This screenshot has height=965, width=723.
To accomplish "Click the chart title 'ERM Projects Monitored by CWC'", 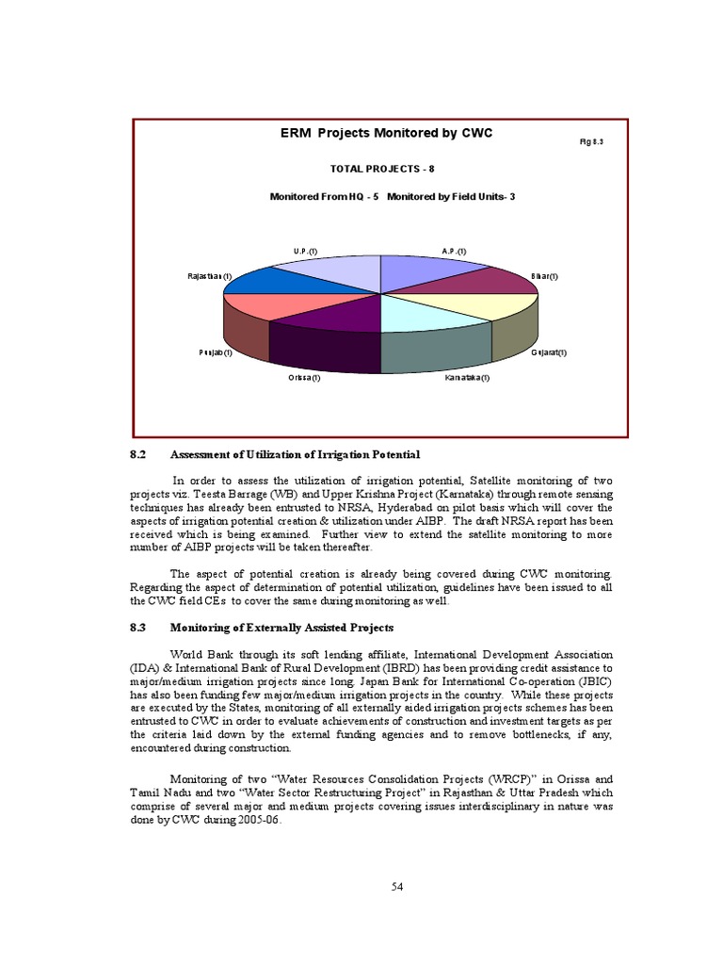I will point(386,134).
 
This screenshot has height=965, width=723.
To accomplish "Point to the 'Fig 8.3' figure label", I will point(590,141).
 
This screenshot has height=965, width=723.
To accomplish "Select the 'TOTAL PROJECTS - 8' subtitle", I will point(381,169).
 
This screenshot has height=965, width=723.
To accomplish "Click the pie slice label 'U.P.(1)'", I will point(305,251).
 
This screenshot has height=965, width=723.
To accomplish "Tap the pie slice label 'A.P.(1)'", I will point(454,251).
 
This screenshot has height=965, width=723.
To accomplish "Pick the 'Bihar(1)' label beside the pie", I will point(544,276).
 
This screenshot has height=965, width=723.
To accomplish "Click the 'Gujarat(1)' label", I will point(549,352).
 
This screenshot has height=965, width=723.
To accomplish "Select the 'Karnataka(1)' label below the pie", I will point(468,378).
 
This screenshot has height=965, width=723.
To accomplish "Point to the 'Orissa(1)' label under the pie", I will point(304,378).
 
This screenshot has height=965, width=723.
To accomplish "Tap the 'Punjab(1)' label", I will point(215,352).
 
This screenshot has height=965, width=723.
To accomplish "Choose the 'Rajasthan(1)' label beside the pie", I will point(210,276).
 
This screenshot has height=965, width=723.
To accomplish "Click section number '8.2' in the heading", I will point(139,455).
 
